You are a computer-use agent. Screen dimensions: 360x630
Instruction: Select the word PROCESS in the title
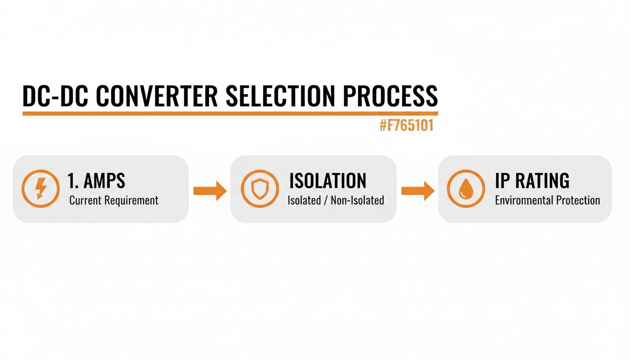(x=390, y=96)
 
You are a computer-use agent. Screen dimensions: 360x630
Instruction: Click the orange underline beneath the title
(x=230, y=113)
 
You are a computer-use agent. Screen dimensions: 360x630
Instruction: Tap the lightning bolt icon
(x=41, y=189)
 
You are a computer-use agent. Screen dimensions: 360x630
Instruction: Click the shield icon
(x=260, y=189)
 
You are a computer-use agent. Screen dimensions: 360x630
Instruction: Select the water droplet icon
(x=466, y=189)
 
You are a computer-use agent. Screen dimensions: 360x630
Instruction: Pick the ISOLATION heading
(x=328, y=181)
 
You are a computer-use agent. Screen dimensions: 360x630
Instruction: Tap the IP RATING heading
(x=532, y=181)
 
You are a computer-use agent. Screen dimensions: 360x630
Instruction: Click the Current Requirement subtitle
(x=114, y=201)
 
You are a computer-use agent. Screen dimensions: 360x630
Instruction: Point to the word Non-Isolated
(x=357, y=201)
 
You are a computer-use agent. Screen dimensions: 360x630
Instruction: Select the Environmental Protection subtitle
(x=547, y=201)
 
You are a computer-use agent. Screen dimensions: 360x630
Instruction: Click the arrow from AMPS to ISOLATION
(x=210, y=190)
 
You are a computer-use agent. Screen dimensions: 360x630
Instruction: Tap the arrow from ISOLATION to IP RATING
(x=418, y=190)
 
